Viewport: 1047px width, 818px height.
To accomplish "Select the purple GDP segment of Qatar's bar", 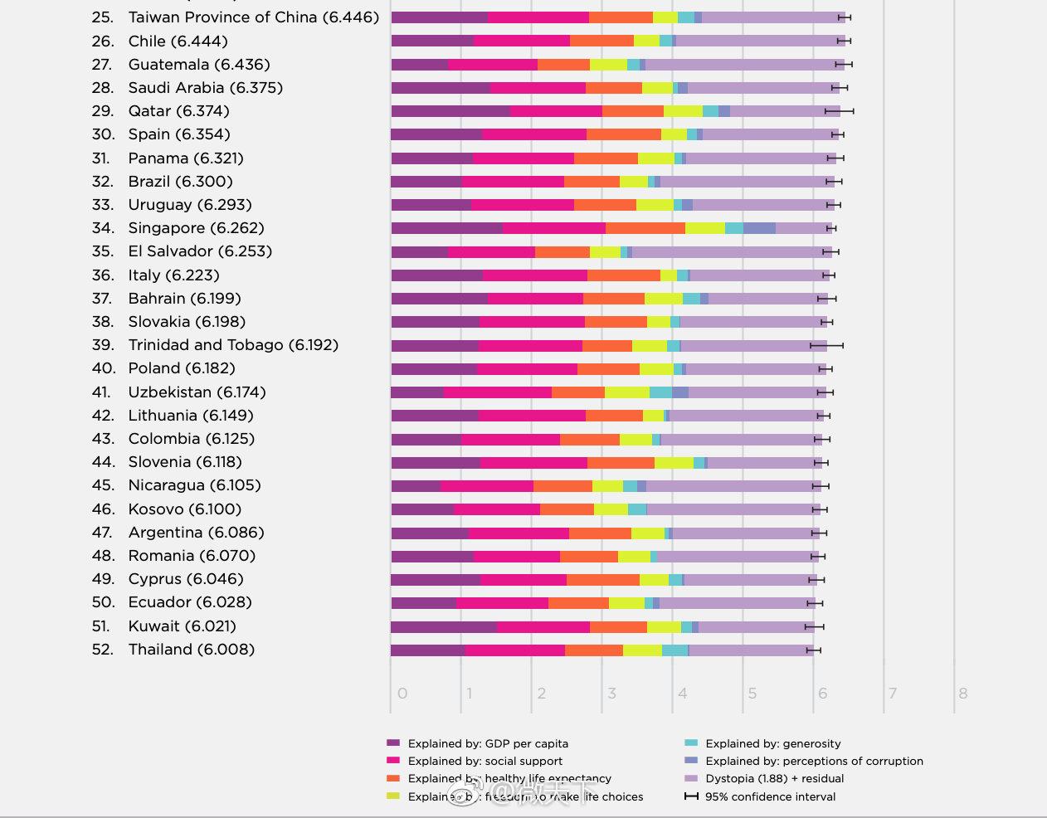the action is click(x=450, y=111).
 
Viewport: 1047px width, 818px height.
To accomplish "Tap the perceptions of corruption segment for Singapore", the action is click(x=759, y=228).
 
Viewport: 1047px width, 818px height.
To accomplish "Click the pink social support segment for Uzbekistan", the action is click(x=498, y=392).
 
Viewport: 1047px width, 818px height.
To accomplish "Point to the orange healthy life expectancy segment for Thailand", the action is click(x=594, y=650).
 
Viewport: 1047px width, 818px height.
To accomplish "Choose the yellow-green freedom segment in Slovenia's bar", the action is click(x=674, y=463).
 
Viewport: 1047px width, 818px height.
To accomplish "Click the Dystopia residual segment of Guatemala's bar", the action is click(x=744, y=65).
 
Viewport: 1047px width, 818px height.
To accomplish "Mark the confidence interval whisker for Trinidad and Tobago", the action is click(x=826, y=345).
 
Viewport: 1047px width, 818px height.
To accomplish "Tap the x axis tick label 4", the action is click(x=682, y=694).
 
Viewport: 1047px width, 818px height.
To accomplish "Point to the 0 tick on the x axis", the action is click(x=402, y=694).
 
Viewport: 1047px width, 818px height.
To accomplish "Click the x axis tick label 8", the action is click(x=962, y=694).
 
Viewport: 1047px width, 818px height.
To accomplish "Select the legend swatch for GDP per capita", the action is click(x=393, y=743).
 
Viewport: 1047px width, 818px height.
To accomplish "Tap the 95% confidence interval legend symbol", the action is click(x=691, y=796).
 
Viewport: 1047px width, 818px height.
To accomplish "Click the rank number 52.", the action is click(x=103, y=650).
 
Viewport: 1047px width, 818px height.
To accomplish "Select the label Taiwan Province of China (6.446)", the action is click(x=253, y=17).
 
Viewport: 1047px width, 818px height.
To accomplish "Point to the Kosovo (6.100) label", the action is click(x=184, y=509).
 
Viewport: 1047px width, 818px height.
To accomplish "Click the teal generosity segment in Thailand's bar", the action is click(x=674, y=650).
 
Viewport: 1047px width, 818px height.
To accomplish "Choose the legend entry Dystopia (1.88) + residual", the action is click(x=774, y=779).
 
